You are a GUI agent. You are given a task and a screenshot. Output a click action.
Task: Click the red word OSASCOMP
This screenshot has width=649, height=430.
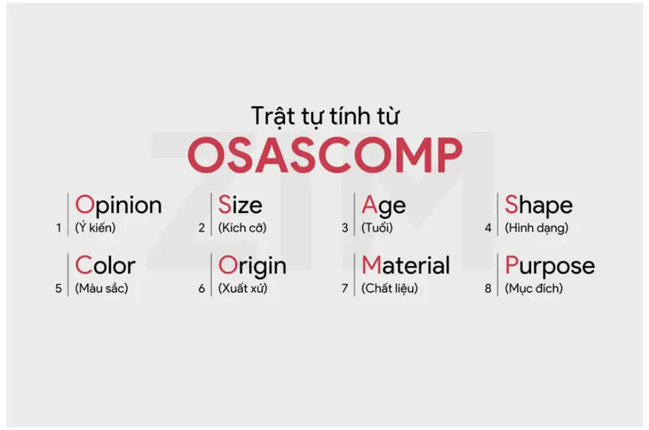coord(325,154)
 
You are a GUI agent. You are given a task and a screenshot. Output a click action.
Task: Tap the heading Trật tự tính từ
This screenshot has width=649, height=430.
coord(326,116)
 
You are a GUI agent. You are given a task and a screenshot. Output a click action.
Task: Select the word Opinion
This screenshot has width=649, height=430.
coord(119,206)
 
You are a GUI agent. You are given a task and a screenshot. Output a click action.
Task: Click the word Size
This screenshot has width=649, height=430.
coord(240,205)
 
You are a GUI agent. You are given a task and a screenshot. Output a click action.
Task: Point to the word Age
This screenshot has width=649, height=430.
coord(383,206)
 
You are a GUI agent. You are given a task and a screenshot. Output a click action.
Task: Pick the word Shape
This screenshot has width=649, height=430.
coord(538,206)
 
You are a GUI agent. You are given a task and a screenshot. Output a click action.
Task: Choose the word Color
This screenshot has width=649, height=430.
coord(105,265)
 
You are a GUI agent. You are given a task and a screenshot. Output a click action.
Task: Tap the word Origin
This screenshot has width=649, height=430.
coord(252,266)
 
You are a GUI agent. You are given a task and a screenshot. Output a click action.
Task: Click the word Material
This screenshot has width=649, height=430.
coord(406,265)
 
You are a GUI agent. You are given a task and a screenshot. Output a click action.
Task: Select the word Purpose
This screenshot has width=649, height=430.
coord(550,266)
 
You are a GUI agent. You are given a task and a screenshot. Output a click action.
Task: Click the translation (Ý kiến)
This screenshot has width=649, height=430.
coord(96,227)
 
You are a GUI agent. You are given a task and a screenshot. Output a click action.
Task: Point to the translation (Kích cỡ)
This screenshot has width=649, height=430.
coord(242,227)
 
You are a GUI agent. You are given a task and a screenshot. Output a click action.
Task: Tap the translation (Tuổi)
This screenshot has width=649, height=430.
coord(377,227)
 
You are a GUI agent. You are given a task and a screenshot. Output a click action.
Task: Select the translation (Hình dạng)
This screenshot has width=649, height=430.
coord(536,228)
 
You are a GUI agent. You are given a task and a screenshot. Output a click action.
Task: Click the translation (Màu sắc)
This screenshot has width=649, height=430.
coord(101,288)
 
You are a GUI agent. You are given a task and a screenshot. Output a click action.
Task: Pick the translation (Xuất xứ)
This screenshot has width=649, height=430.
coord(242,288)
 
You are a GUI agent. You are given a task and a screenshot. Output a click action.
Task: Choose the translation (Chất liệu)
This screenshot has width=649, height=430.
coord(389,288)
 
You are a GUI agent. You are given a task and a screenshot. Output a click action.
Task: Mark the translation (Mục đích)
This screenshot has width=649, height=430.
coord(534,288)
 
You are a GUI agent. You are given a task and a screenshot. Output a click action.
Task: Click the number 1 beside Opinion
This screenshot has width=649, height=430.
coord(59,228)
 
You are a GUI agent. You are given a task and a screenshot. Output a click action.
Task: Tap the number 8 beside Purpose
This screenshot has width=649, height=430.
coord(488,288)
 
